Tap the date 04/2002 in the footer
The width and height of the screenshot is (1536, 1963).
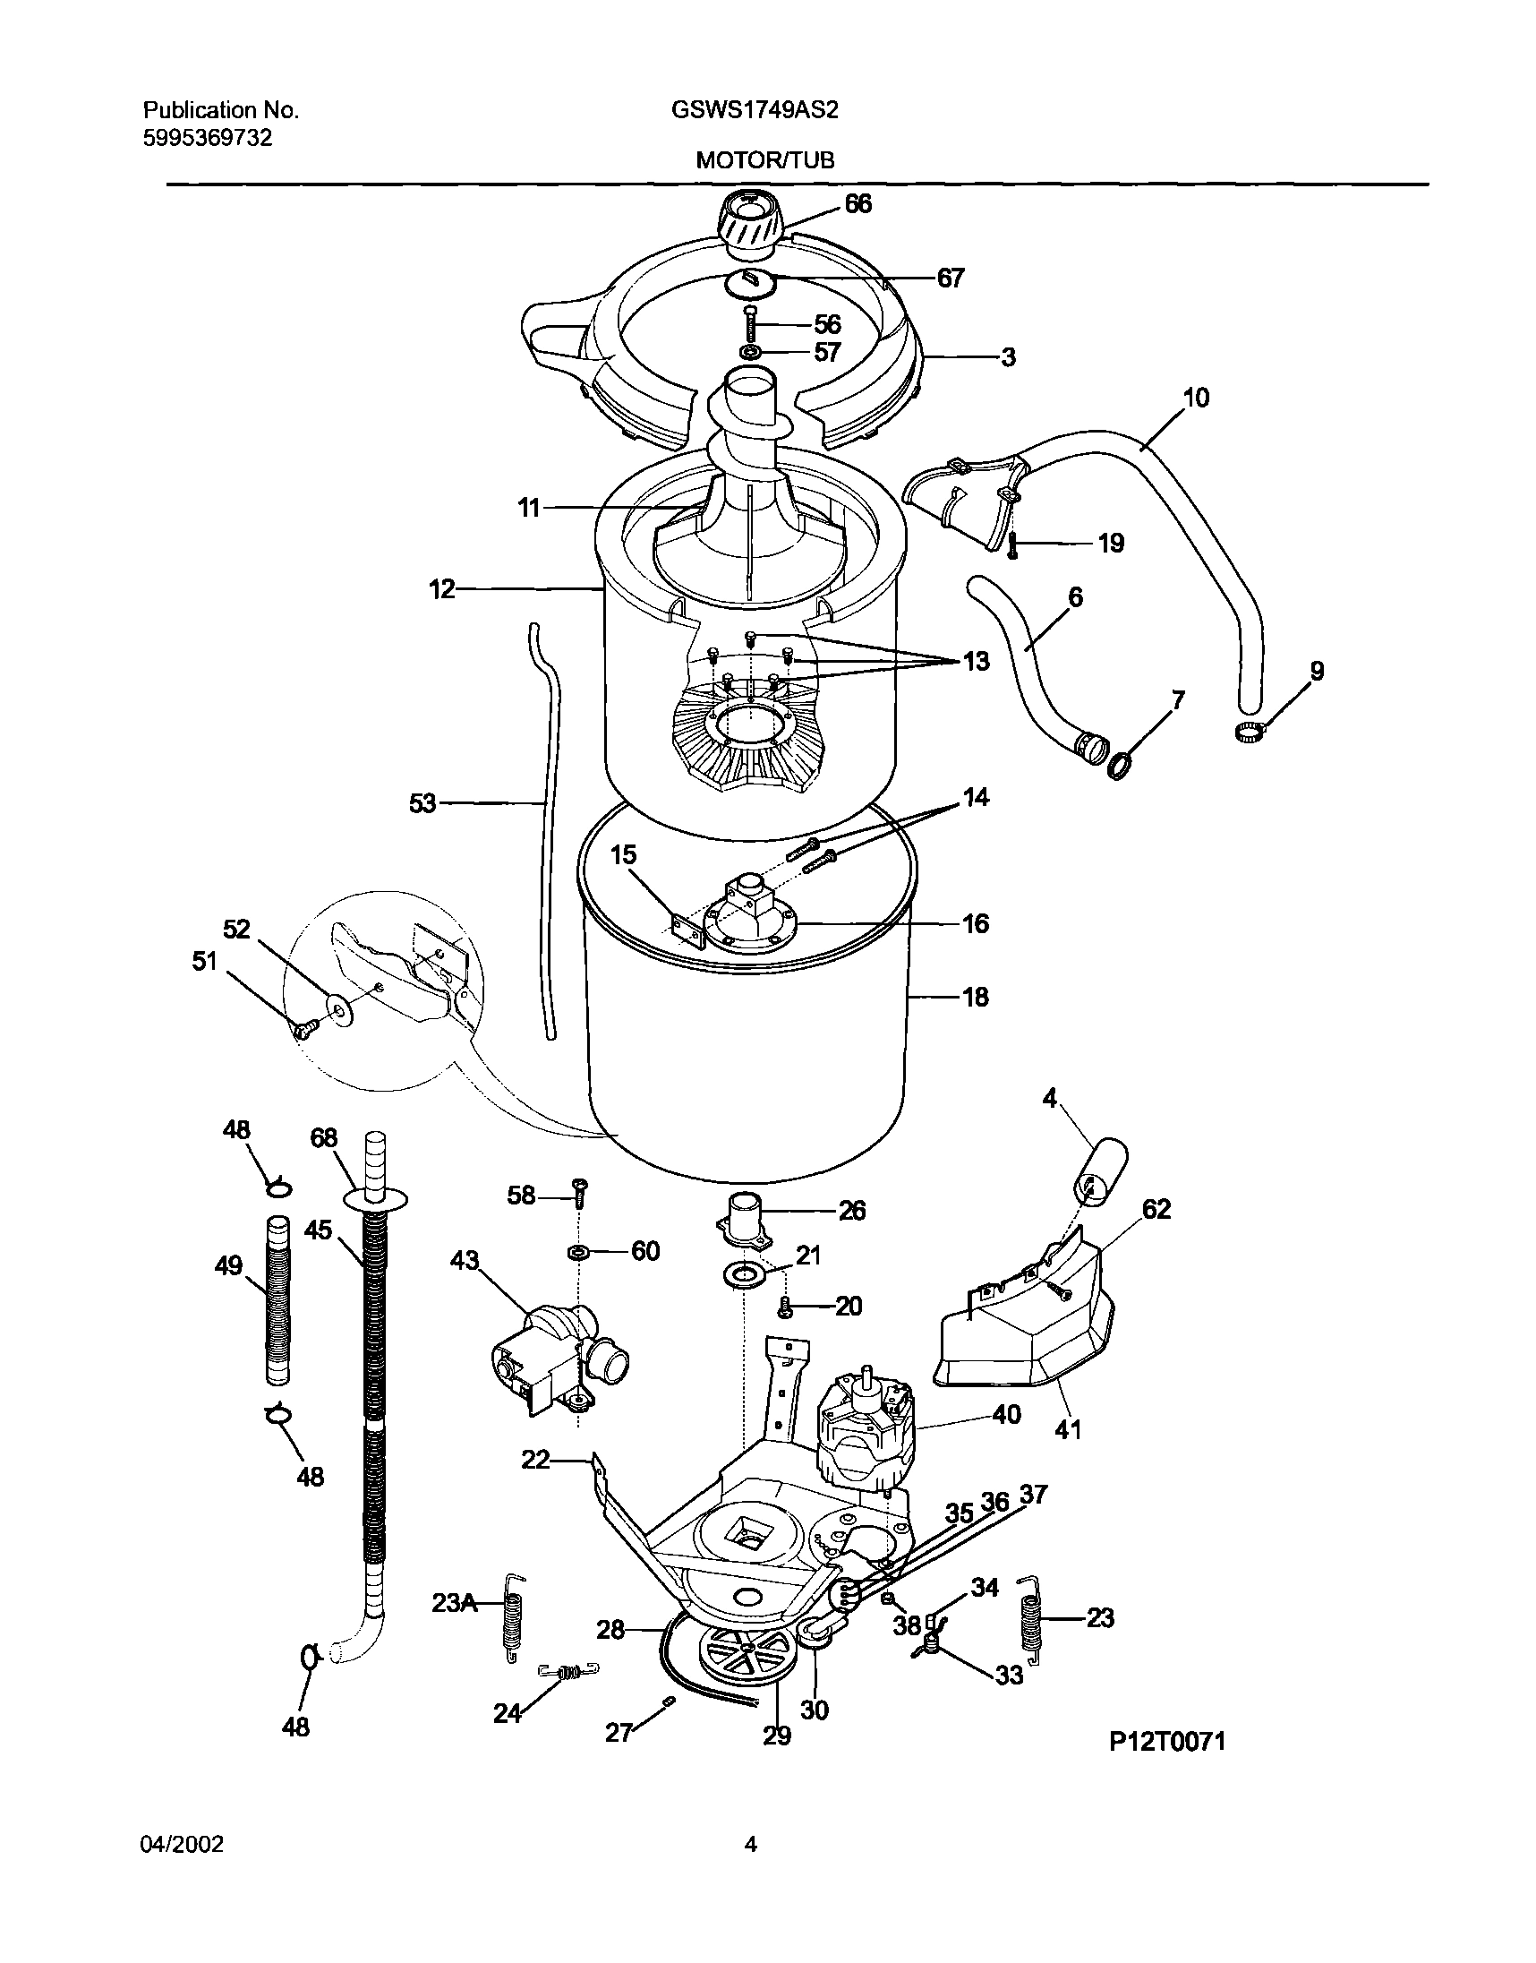[182, 1845]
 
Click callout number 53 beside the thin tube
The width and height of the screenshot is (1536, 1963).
[422, 803]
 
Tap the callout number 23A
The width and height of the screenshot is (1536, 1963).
[455, 1602]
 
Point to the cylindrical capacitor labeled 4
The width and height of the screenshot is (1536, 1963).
[1099, 1170]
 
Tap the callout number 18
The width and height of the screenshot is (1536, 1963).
[976, 997]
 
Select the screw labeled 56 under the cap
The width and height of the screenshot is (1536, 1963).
[749, 323]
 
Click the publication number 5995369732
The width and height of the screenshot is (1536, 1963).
[208, 138]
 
